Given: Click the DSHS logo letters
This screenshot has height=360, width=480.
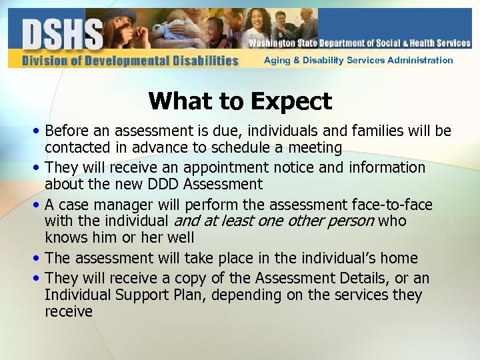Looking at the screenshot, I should [63, 33].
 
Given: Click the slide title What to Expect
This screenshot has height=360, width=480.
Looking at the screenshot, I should [240, 101].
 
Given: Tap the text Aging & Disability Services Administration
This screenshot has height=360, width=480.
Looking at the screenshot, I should [358, 60].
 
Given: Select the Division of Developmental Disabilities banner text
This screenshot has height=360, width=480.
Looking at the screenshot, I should [130, 61].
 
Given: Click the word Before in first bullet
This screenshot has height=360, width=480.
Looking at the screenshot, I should [67, 131].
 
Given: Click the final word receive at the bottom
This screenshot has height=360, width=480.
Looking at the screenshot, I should [69, 311].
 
